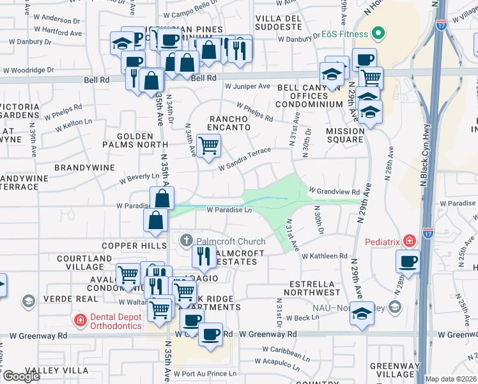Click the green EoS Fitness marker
378,34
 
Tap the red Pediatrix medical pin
409,241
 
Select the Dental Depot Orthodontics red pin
80,319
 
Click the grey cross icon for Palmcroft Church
187,241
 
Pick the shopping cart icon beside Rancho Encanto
208,146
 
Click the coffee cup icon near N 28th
408,260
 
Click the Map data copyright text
451,379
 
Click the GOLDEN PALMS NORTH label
135,141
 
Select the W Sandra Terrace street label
245,159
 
